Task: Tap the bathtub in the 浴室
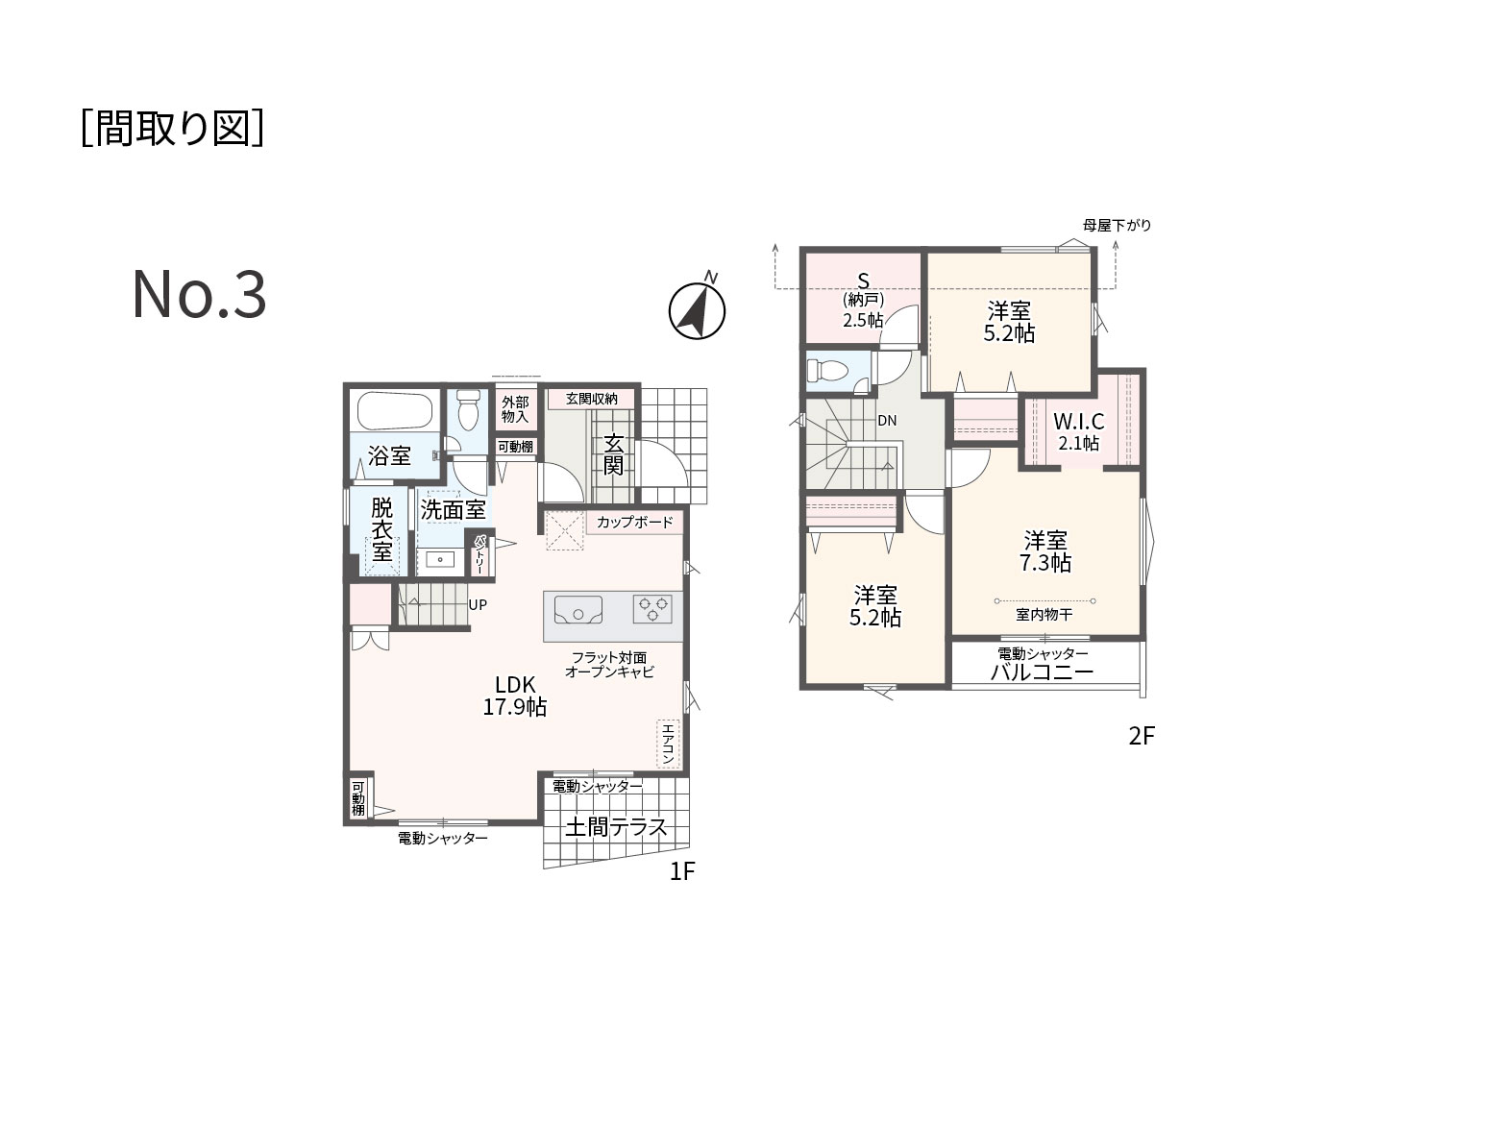coord(395,409)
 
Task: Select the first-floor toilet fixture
coord(468,409)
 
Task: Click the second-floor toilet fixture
coord(827,371)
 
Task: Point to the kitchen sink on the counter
coord(577,609)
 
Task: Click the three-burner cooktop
coord(652,609)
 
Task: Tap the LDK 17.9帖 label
coord(515,696)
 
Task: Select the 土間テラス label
coord(615,827)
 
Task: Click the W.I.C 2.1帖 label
coord(1078,431)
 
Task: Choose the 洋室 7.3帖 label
coord(1044,551)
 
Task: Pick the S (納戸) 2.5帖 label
coord(863,301)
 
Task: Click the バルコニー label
coord(1043,672)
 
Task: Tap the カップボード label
coord(634,522)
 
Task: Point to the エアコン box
coord(668,744)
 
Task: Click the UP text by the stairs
coord(478,604)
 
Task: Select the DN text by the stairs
coord(887,421)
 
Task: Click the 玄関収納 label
coord(591,399)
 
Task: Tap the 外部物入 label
coord(515,409)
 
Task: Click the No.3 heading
coord(199,295)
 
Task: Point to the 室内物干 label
coord(1044,614)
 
